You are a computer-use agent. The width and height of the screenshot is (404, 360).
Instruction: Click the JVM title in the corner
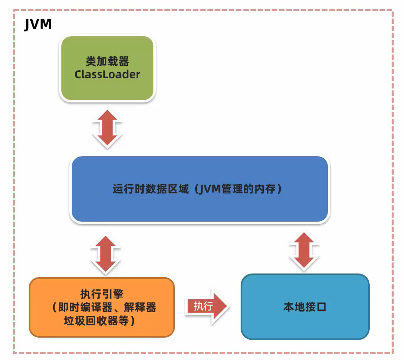click(x=38, y=24)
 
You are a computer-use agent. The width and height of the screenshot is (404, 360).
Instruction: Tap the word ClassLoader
click(x=107, y=75)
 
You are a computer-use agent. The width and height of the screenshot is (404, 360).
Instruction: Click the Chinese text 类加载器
click(x=107, y=61)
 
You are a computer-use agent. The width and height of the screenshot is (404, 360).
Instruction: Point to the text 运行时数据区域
click(x=150, y=189)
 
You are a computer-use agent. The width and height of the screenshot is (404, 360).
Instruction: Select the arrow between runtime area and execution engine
click(x=105, y=255)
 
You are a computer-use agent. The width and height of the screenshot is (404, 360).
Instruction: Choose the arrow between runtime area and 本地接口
click(x=305, y=250)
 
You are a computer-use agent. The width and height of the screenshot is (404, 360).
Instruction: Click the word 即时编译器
click(x=80, y=307)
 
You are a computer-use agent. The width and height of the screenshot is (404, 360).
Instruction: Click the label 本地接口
click(x=305, y=307)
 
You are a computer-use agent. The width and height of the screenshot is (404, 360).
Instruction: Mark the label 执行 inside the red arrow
click(x=203, y=306)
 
